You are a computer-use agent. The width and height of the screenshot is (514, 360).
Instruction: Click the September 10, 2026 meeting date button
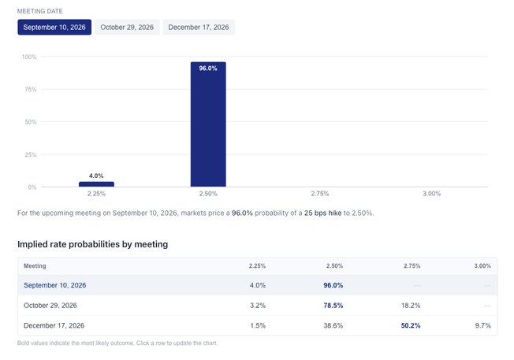[54, 28]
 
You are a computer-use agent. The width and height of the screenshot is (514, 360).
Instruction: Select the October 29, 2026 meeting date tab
[127, 28]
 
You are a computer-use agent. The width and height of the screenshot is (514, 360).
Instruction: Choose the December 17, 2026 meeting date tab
[199, 28]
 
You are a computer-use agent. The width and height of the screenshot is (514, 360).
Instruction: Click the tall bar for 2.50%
[208, 124]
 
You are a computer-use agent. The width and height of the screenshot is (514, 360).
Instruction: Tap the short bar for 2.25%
[96, 184]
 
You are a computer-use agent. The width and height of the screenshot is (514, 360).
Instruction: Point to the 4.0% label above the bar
[96, 176]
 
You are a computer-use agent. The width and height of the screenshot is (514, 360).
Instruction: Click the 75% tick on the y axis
[31, 90]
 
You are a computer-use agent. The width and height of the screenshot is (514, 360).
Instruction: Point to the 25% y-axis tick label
[31, 154]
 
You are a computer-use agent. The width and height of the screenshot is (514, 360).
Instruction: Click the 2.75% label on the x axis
[320, 194]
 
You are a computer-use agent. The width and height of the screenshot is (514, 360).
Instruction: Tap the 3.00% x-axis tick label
[432, 194]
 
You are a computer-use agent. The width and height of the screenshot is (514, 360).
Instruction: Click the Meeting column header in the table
[35, 266]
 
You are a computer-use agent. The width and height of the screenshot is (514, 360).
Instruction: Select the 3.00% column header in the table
[482, 266]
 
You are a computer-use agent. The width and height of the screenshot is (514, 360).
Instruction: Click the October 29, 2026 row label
[50, 306]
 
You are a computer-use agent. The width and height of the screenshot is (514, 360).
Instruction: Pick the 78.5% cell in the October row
[333, 306]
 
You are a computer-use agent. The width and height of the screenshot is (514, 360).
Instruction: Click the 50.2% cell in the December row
[411, 325]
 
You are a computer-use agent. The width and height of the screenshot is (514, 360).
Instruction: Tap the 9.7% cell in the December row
[482, 325]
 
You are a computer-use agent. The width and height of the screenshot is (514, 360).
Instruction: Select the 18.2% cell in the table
[411, 306]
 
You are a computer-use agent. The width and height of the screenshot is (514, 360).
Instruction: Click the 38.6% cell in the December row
[333, 325]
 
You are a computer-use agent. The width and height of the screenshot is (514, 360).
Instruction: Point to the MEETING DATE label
[40, 11]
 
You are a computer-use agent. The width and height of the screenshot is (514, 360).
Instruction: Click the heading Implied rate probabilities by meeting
[93, 244]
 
